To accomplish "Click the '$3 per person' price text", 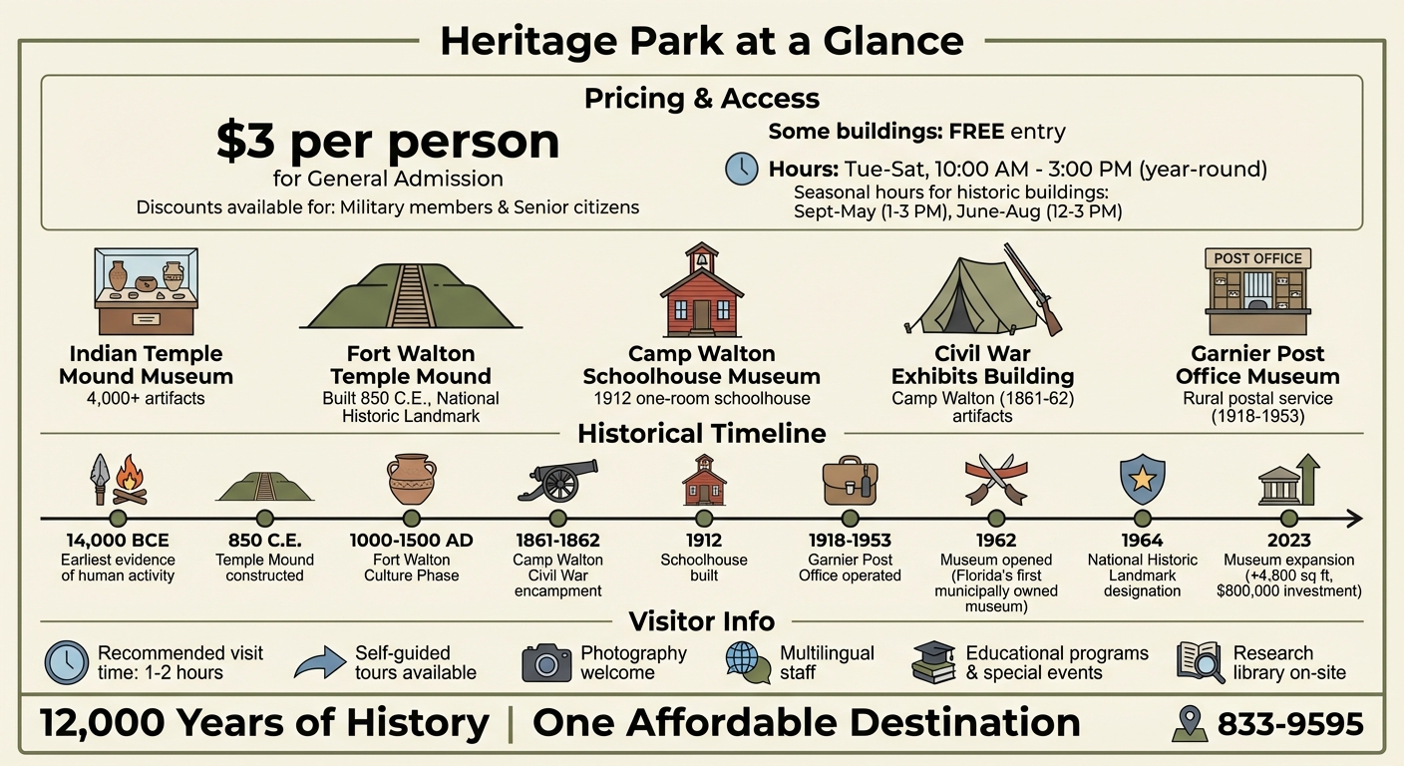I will (x=388, y=143).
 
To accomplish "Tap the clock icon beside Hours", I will (x=741, y=169).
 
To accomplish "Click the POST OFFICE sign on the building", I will (x=1257, y=258).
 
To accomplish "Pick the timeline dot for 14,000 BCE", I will (x=118, y=519).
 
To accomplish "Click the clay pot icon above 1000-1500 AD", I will (x=411, y=479).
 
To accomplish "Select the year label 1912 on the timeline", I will (x=703, y=542).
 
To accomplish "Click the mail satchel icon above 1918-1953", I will (x=850, y=481).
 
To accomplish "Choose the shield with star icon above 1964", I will (x=1142, y=480).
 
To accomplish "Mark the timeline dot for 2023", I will (x=1288, y=519).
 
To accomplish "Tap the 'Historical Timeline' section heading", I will (x=701, y=434).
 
